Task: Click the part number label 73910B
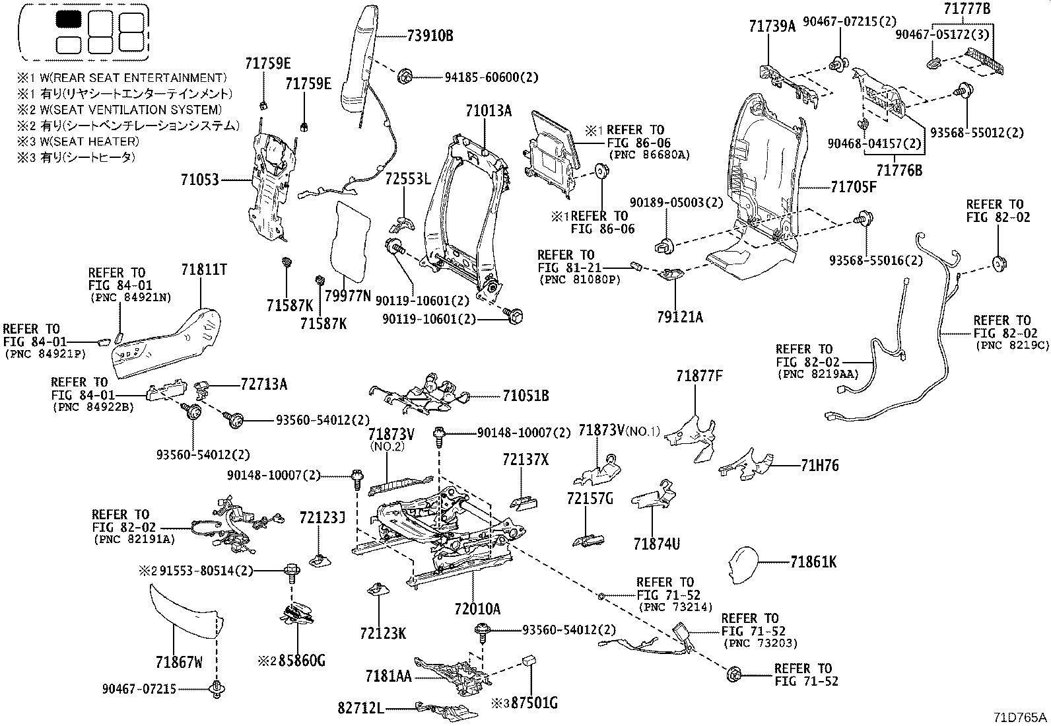429,36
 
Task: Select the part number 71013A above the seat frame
488,110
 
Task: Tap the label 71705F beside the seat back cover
853,187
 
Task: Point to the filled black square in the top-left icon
67,19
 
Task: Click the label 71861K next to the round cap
813,562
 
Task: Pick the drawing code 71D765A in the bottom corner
1021,717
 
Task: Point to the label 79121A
680,318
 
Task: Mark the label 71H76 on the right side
820,466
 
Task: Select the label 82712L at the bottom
360,709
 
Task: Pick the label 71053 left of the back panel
200,179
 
